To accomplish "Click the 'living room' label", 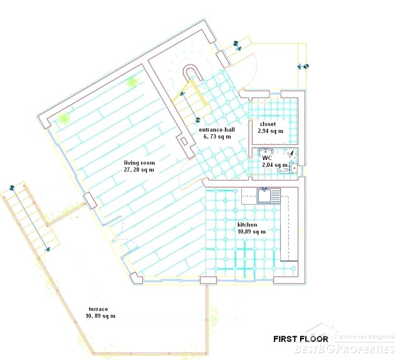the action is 139,163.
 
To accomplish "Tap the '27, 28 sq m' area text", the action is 139,170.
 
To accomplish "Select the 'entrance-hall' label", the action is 217,130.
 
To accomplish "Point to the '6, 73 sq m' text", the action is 217,137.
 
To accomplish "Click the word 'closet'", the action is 268,124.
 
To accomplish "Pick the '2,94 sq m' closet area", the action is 271,131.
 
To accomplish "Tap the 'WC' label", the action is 267,157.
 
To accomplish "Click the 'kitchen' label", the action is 247,225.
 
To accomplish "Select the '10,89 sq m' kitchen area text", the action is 252,231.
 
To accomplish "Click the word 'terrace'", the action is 98,309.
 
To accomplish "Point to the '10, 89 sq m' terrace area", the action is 100,316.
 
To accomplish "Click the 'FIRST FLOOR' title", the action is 301,339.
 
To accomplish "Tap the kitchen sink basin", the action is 264,196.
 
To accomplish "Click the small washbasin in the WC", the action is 293,168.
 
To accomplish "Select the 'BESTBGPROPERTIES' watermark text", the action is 344,349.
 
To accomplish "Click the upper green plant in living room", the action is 132,82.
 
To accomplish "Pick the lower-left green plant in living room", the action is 63,119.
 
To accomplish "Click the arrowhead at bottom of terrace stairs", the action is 48,248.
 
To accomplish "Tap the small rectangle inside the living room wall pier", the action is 184,142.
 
